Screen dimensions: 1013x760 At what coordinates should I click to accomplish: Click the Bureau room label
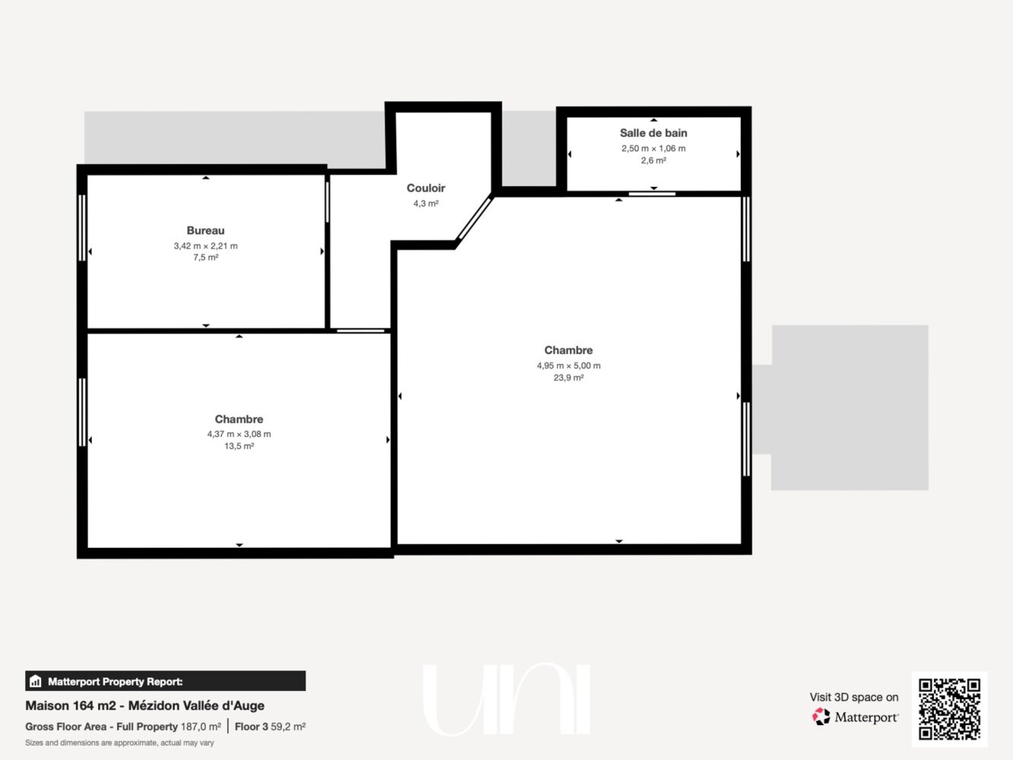[x=205, y=230]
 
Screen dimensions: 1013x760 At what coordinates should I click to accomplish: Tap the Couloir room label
[x=426, y=188]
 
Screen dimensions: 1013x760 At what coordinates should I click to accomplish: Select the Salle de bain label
[x=653, y=133]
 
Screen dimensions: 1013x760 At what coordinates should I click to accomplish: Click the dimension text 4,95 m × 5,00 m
[x=568, y=366]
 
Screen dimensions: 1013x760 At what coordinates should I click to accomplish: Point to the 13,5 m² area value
[x=239, y=446]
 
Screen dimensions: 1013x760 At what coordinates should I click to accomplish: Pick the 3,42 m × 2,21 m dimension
[x=205, y=245]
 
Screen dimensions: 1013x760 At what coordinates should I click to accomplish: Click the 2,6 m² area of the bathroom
[x=653, y=160]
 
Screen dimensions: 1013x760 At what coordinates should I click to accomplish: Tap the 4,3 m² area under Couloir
[x=426, y=203]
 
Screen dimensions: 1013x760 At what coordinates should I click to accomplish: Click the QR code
[x=949, y=709]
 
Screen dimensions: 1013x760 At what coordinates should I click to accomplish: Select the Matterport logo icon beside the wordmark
[x=821, y=717]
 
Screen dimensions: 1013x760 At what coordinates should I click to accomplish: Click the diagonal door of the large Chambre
[x=475, y=218]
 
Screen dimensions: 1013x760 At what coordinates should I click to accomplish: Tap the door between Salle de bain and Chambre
[x=652, y=194]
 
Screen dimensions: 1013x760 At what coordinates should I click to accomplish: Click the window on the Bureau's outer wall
[x=81, y=228]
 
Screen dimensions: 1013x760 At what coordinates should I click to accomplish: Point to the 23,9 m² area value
[x=568, y=378]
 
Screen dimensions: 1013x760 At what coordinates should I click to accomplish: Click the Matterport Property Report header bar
[x=165, y=681]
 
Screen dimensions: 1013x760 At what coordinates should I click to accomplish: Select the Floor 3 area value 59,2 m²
[x=288, y=727]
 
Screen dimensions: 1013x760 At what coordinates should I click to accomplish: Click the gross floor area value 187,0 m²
[x=201, y=727]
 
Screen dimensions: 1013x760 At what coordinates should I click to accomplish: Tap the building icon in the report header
[x=36, y=681]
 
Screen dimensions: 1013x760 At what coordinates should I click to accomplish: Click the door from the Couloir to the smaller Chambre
[x=360, y=331]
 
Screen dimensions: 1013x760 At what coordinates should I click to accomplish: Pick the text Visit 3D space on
[x=853, y=697]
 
